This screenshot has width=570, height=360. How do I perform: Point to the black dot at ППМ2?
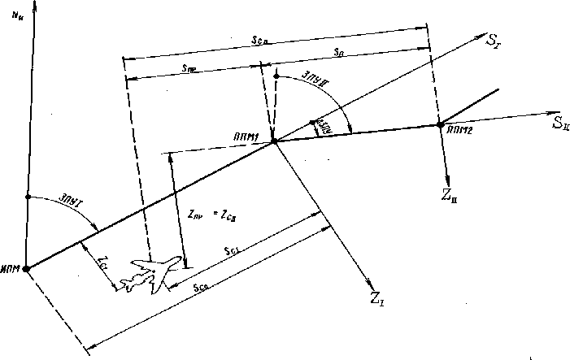coord(440,125)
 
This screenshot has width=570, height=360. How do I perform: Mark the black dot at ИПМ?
coord(27,268)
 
